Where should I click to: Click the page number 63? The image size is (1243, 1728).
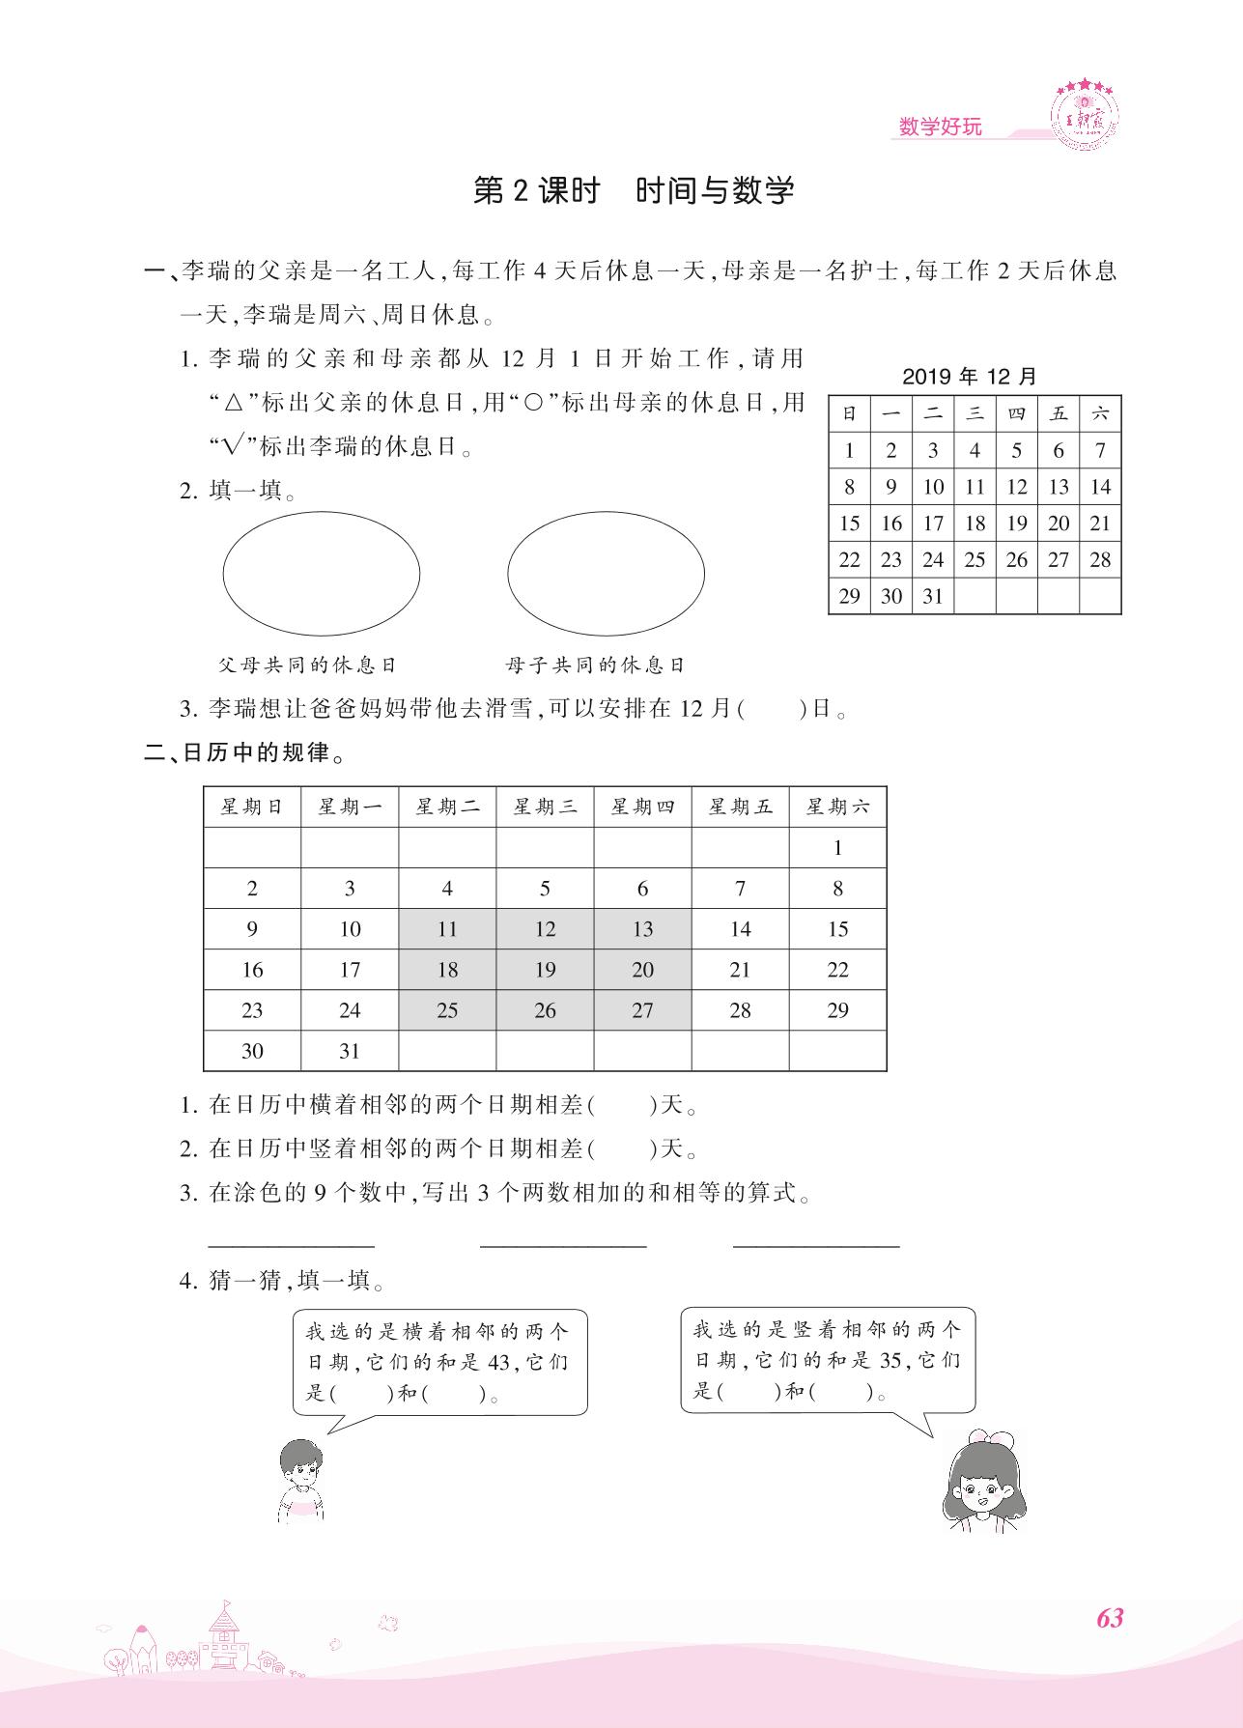pyautogui.click(x=1110, y=1618)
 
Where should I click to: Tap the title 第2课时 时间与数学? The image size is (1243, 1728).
pyautogui.click(x=634, y=190)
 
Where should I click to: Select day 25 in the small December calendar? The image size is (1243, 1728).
pyautogui.click(x=975, y=559)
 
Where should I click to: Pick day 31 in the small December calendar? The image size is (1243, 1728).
pyautogui.click(x=932, y=596)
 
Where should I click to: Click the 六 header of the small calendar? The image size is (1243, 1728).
pyautogui.click(x=1100, y=413)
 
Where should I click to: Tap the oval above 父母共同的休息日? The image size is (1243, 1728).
pyautogui.click(x=322, y=574)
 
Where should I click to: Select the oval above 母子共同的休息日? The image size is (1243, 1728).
pyautogui.click(x=606, y=574)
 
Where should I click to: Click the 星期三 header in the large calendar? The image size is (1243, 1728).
pyautogui.click(x=545, y=807)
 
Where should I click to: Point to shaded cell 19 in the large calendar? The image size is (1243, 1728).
pyautogui.click(x=545, y=970)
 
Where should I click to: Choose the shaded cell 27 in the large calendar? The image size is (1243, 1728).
pyautogui.click(x=642, y=1010)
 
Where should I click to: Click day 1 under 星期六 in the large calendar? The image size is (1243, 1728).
pyautogui.click(x=837, y=848)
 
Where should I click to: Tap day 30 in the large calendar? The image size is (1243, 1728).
pyautogui.click(x=252, y=1051)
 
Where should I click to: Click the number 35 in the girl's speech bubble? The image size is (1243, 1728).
pyautogui.click(x=889, y=1360)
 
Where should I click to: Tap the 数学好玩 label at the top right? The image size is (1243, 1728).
pyautogui.click(x=940, y=127)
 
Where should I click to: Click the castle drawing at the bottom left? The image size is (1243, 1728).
pyautogui.click(x=223, y=1638)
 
